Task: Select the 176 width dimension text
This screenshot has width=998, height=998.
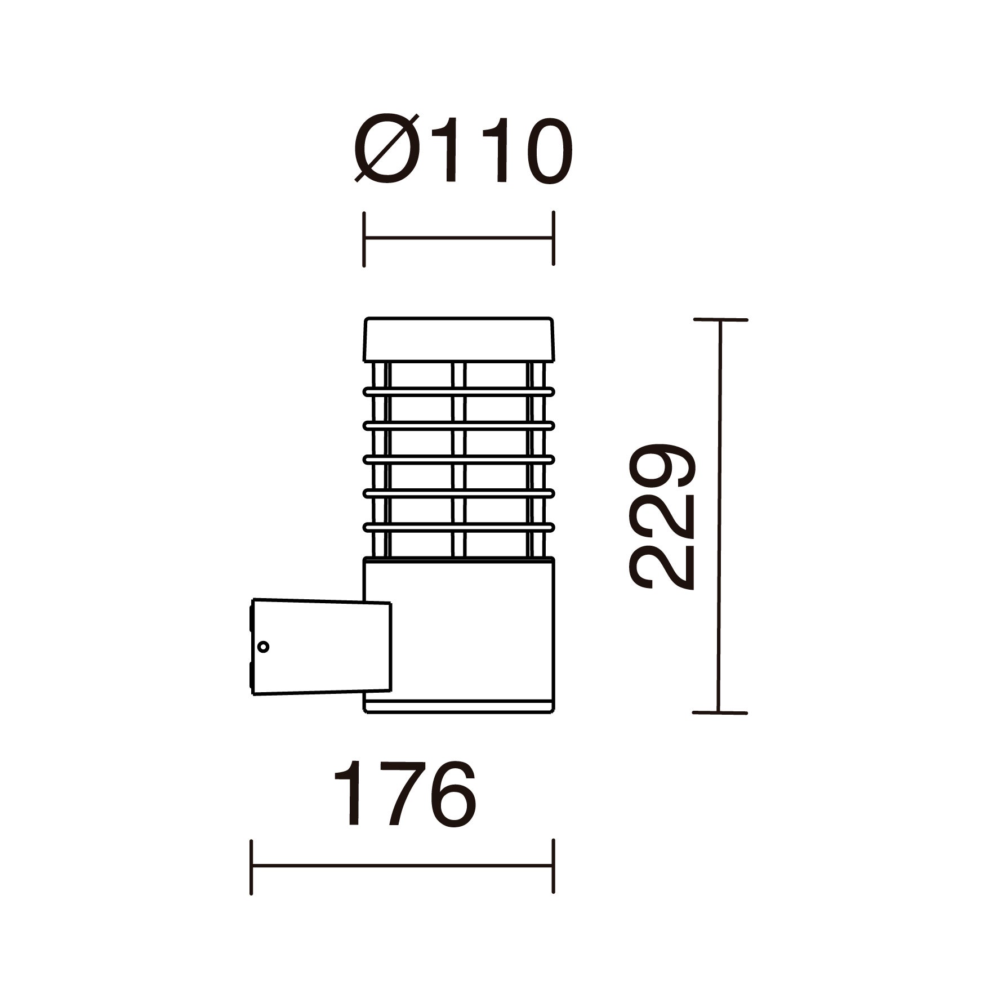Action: click(x=405, y=794)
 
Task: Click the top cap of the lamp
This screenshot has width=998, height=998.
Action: click(x=459, y=339)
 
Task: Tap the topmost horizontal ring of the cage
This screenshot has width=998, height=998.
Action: click(x=459, y=391)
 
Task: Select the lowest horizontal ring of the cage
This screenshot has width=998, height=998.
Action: click(x=459, y=527)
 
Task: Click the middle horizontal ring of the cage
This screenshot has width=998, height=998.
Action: click(x=459, y=459)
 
